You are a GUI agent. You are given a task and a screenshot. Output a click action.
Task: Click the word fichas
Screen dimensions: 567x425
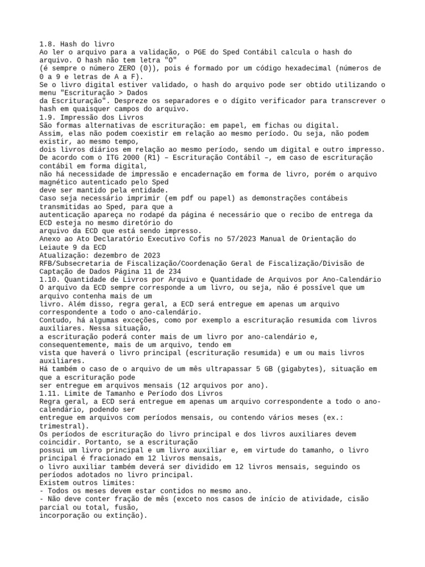(252, 126)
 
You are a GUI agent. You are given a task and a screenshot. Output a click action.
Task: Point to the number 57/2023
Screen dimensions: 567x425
(239, 239)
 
